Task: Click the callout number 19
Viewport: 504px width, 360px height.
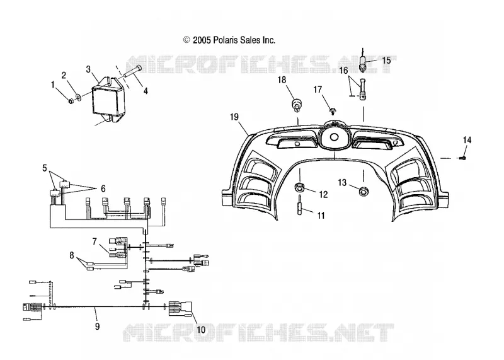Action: [234, 117]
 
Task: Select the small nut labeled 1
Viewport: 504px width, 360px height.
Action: [71, 102]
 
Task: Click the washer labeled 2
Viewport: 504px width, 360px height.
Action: [77, 96]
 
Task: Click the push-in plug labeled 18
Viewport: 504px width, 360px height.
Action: [297, 105]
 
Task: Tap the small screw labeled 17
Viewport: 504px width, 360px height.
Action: [333, 112]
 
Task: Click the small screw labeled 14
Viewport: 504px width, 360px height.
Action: [463, 158]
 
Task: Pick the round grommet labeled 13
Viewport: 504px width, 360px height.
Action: [364, 192]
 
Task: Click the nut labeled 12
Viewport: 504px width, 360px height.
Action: [300, 187]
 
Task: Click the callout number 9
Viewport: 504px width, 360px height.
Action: [97, 327]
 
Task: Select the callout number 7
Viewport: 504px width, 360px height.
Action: [94, 241]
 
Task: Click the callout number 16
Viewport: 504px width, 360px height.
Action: [343, 70]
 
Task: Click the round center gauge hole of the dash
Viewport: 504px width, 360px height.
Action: [334, 137]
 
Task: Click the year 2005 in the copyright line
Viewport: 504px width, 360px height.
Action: [202, 40]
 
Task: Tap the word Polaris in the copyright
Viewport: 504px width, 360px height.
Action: [225, 40]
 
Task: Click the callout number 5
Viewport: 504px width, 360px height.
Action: [45, 168]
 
